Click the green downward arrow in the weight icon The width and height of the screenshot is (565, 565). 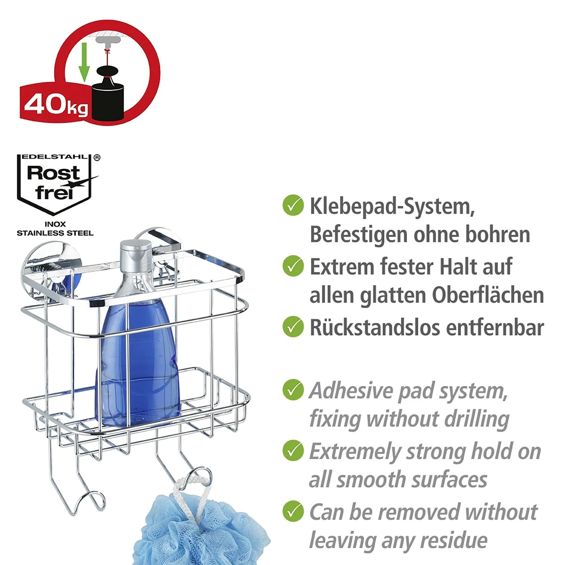(84, 63)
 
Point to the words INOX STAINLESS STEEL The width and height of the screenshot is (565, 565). (55, 229)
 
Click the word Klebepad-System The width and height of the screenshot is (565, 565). (392, 206)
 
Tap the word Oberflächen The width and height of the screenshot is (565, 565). (488, 295)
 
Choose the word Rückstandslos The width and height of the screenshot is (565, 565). (375, 327)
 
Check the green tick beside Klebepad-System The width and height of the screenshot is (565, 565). (293, 205)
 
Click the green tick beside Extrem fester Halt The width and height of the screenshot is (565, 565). (293, 266)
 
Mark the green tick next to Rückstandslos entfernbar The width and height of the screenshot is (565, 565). (293, 327)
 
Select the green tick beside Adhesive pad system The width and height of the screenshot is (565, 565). (293, 389)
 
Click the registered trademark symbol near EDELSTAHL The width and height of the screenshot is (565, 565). (97, 157)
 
